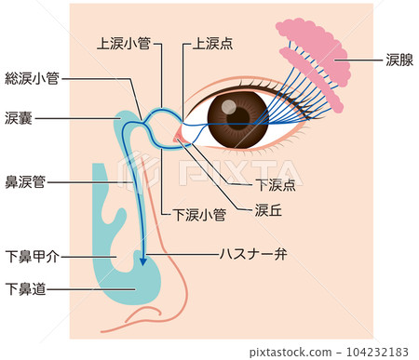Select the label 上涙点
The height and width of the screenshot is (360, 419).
coord(212,43)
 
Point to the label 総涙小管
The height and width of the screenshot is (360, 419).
coord(32,79)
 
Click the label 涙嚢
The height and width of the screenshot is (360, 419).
coord(19,118)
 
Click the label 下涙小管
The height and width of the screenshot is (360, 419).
coord(199,214)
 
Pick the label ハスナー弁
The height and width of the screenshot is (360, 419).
coord(251,253)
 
